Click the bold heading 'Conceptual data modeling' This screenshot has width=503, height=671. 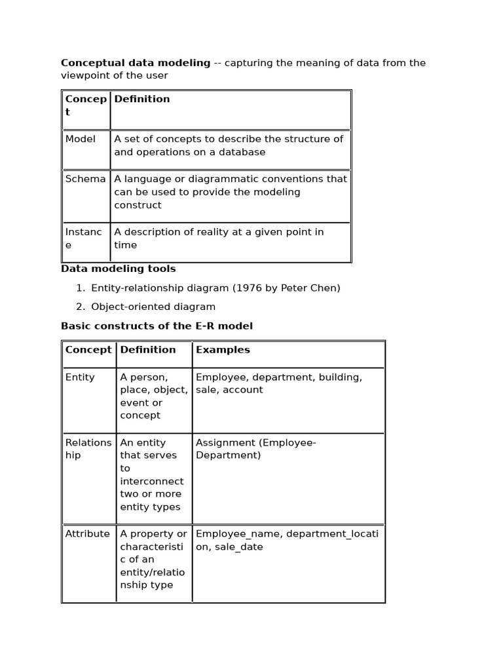[x=136, y=63]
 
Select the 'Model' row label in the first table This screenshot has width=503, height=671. [x=80, y=139]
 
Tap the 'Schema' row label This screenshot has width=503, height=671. [x=85, y=179]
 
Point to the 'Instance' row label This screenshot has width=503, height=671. [x=83, y=239]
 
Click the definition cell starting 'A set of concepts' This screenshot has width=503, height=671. [x=229, y=145]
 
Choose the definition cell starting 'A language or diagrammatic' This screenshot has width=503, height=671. [x=230, y=192]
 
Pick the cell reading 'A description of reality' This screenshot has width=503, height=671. [x=219, y=239]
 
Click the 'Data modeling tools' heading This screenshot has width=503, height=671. [x=118, y=269]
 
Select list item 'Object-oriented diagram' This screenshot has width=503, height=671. [x=153, y=307]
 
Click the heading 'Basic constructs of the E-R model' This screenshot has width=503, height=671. [x=157, y=326]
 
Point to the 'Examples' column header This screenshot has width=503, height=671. [x=223, y=350]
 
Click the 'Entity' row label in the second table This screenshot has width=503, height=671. [x=80, y=377]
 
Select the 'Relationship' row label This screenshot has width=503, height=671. [x=88, y=449]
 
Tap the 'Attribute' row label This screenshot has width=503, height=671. [x=88, y=534]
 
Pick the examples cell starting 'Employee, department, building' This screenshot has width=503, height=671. [x=278, y=383]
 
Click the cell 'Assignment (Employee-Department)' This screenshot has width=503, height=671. [x=255, y=449]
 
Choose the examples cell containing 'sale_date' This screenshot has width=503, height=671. [x=287, y=541]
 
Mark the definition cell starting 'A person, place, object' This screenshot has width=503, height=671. [x=153, y=396]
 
